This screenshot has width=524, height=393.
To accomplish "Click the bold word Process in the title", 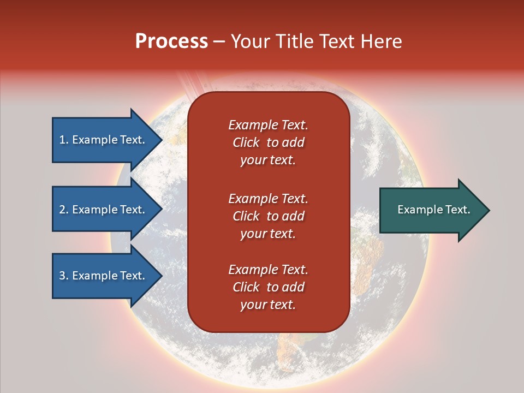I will click(x=171, y=41).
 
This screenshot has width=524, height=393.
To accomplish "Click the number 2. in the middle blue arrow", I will click(x=63, y=210).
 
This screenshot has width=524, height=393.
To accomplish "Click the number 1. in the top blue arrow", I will click(x=63, y=140).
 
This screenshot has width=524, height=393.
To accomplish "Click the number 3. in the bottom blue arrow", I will click(x=63, y=276).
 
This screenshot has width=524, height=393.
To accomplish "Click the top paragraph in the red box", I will click(x=268, y=142).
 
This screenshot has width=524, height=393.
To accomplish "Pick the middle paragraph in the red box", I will click(x=268, y=216).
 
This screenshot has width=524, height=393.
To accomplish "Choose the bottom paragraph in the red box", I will click(x=268, y=287).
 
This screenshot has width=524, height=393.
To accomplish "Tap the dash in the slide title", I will click(x=219, y=41).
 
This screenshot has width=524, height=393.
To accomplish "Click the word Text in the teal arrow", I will click(x=457, y=210).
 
